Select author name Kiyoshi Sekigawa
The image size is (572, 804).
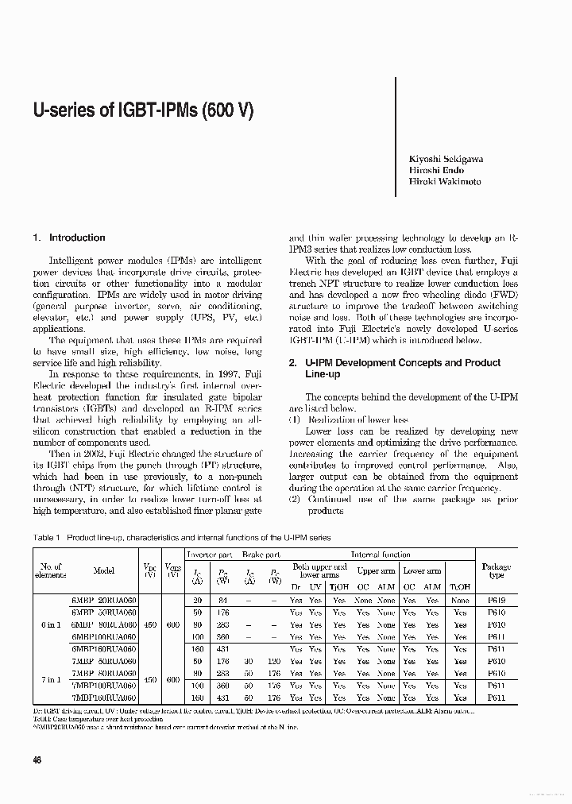coord(446,159)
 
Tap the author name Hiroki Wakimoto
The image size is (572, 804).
coord(444,181)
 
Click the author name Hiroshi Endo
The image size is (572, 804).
coord(436,170)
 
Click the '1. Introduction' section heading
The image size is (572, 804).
coord(69,238)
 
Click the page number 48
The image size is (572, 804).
coord(37,760)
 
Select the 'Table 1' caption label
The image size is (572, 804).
coord(47,538)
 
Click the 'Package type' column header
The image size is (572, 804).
coord(496,570)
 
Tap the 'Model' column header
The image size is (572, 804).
coord(104,570)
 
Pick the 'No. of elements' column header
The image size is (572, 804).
coord(50,570)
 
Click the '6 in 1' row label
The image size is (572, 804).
coord(50,624)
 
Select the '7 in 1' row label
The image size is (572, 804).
coord(50,679)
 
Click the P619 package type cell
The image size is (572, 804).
coord(496,601)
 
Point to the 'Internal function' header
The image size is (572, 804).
coord(381,555)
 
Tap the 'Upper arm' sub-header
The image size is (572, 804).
coord(375,570)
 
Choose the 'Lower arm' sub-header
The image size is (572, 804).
coord(421,570)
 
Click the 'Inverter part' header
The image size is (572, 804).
coord(209,555)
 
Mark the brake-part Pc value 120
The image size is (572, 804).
coord(274,661)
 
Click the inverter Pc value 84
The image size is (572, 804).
coord(222,601)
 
